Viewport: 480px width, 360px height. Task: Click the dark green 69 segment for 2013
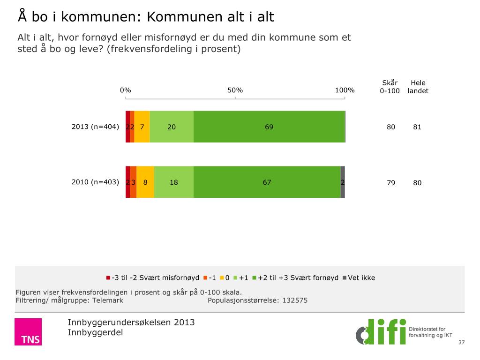coord(269,127)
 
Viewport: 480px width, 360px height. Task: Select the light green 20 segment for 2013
coord(172,127)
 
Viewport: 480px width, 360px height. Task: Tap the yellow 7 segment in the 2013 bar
coord(142,127)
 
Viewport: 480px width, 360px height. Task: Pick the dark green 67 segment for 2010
coord(267,182)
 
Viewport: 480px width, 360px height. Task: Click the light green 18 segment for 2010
coord(174,182)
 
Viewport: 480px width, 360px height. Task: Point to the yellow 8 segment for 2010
coord(145,182)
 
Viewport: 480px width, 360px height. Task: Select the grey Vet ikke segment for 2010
coord(343,182)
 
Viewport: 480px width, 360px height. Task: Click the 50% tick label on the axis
coord(235,90)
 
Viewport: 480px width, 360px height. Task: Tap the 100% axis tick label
coord(345,90)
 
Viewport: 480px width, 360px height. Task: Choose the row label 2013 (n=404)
coord(96,127)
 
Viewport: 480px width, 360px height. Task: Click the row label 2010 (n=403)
coord(96,182)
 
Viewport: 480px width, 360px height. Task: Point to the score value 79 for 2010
coord(390,183)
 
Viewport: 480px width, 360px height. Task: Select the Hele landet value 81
coord(417,127)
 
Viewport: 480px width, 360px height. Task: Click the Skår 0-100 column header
coord(390,87)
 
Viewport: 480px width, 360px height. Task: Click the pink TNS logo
coord(28,332)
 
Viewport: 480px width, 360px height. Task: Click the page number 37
coord(462,343)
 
